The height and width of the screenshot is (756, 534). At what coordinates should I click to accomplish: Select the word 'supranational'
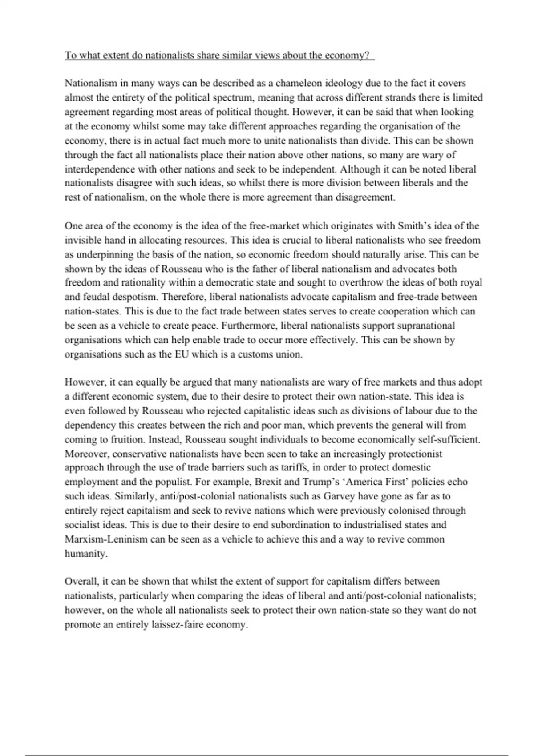click(x=426, y=326)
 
